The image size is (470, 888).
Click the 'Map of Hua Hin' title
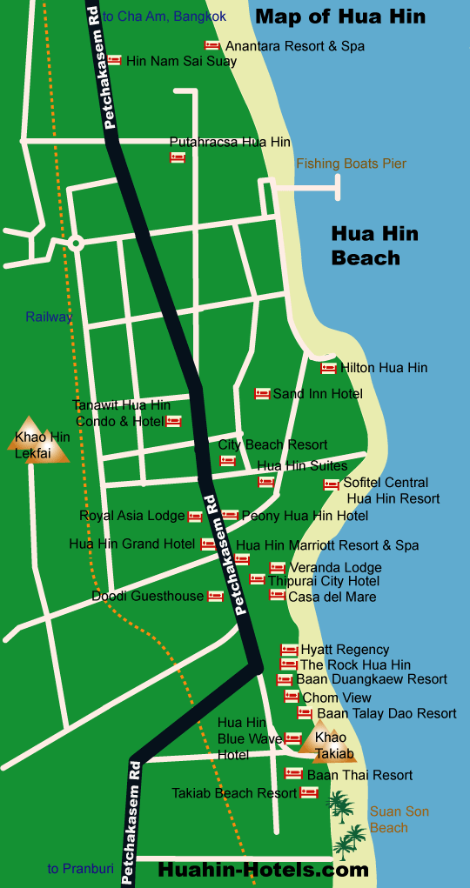point(340,17)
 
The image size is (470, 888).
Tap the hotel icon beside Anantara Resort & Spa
point(212,45)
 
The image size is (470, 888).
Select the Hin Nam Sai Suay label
point(181,61)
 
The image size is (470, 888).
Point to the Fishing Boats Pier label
point(351,164)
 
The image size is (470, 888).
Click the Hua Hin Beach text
point(373,245)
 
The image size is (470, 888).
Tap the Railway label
point(49,317)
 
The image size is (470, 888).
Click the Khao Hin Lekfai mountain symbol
point(37,438)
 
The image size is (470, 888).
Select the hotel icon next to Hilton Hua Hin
point(328,368)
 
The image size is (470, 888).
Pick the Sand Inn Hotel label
point(318,394)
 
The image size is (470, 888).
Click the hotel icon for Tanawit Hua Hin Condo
point(173,422)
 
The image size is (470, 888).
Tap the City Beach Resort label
point(272,444)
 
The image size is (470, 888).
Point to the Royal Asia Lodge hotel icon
point(195,516)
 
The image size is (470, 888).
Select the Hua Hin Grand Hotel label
point(132,544)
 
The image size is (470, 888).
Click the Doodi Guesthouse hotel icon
point(215,597)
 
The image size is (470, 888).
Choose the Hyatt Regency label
point(345,650)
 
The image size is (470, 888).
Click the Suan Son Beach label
point(399,819)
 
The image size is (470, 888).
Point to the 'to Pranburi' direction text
point(80,868)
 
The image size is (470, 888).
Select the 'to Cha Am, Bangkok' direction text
point(164,17)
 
